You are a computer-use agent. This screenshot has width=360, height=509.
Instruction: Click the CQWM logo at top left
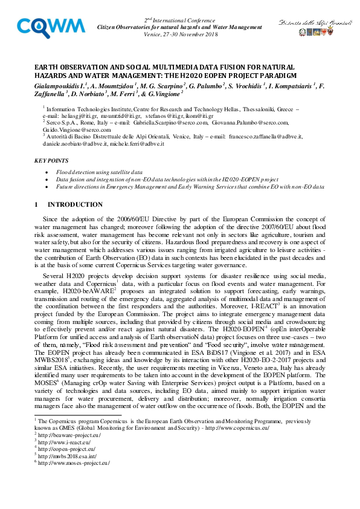coord(50,27)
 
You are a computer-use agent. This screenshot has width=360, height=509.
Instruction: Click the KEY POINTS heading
coord(51,161)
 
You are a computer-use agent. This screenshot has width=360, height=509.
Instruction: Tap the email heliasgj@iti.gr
coord(76,115)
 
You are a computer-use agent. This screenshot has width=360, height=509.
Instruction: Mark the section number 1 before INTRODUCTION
coord(37,204)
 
